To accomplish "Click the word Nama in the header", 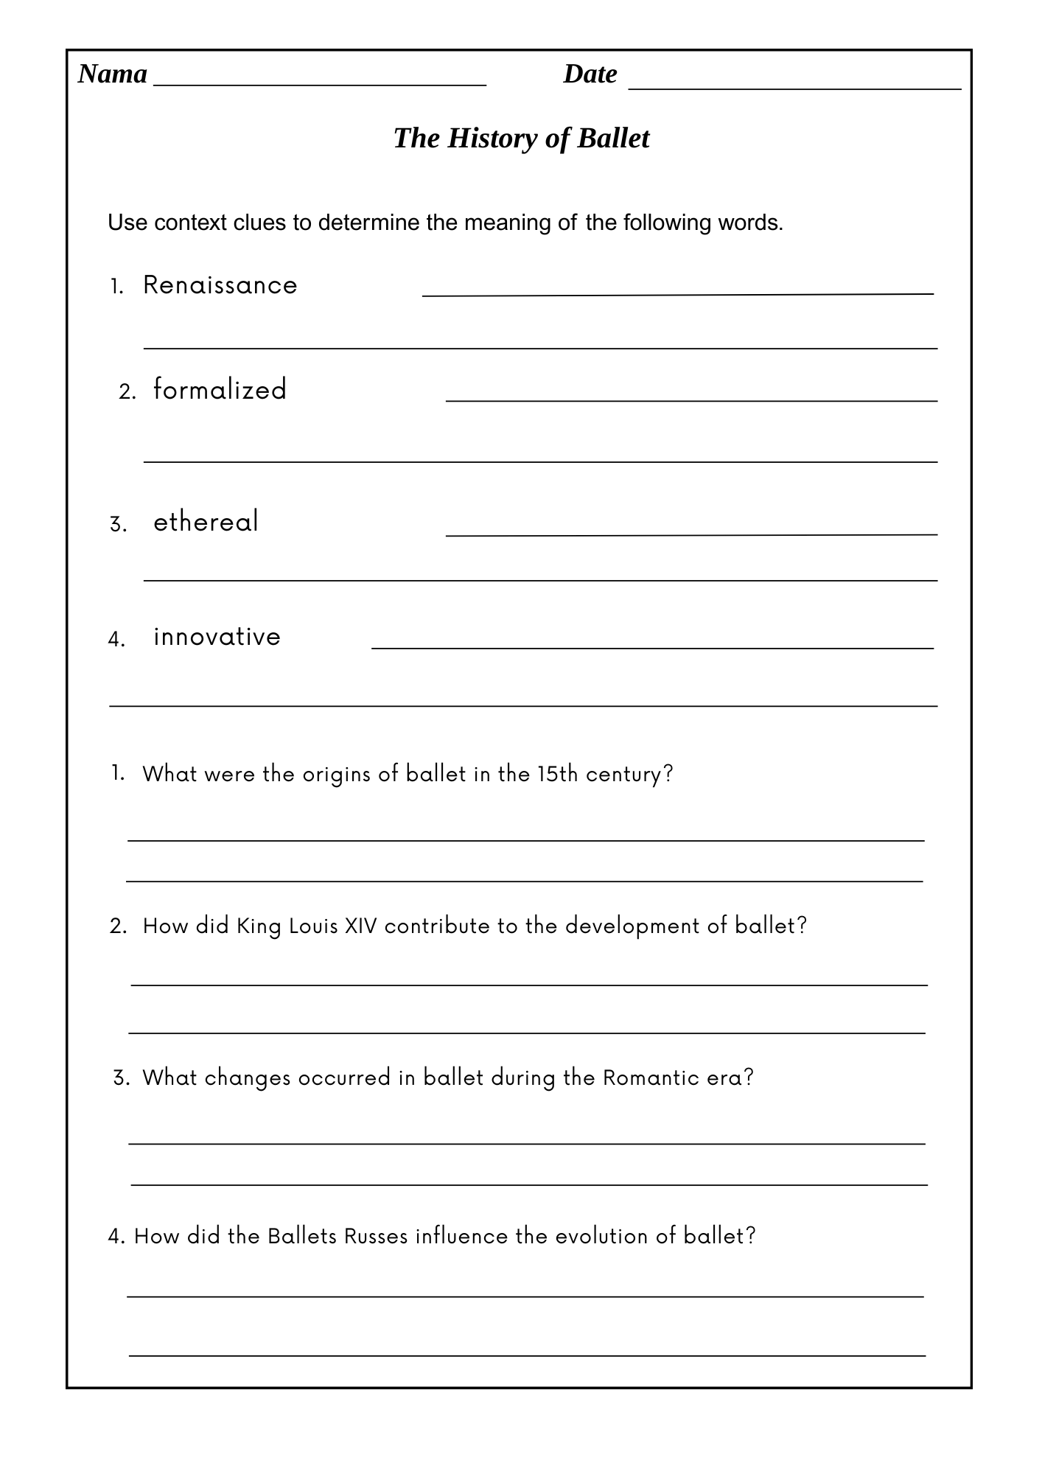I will pos(113,74).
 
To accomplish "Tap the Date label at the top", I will pos(590,74).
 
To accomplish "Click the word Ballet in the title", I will pos(613,138).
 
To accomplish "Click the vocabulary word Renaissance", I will pos(220,285).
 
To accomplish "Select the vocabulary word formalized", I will pos(220,390).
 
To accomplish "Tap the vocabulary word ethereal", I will pos(206,522).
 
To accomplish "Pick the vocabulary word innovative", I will pos(217,637).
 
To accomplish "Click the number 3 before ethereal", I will pos(116,525).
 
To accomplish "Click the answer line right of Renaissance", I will pos(678,294).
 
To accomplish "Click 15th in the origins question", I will pos(558,774).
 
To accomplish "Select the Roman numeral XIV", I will pos(361,926).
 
